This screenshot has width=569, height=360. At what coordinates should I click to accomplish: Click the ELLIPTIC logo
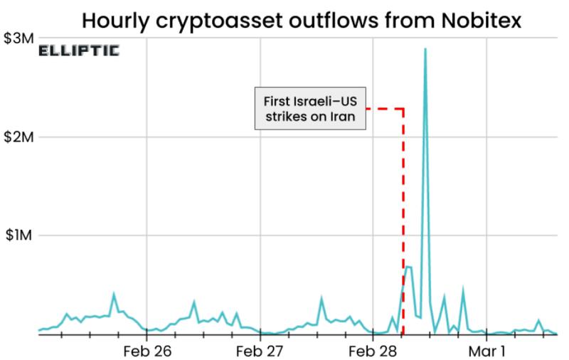point(78,51)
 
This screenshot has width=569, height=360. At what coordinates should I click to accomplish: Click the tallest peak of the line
point(425,49)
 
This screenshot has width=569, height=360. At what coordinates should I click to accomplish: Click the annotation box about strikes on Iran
point(311,109)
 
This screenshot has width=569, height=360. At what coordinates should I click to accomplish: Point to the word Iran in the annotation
point(341,117)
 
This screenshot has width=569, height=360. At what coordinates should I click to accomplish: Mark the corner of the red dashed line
point(403,109)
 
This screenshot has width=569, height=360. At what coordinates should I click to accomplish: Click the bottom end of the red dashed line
point(403,333)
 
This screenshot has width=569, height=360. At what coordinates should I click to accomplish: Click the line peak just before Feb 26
point(114,293)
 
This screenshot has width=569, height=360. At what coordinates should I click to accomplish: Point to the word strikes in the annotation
point(287,117)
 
